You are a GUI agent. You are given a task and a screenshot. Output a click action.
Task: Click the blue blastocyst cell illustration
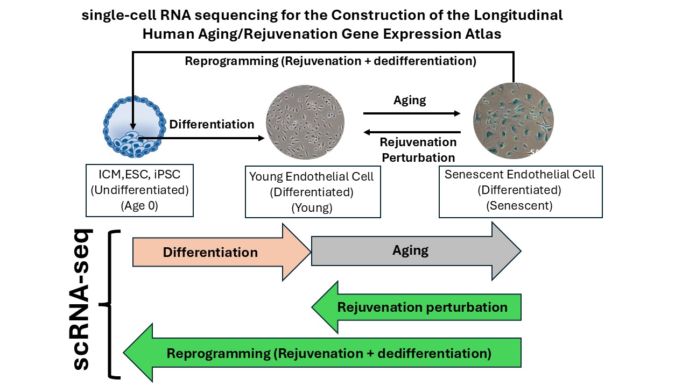tap(132, 127)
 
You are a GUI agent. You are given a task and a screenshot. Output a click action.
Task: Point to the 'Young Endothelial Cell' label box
tap(313, 192)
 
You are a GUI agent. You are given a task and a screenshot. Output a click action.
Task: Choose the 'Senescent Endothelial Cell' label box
tap(520, 191)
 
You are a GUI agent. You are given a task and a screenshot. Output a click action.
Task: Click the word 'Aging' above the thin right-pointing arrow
tap(410, 101)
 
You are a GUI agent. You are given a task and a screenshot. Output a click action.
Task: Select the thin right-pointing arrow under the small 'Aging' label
tap(412, 113)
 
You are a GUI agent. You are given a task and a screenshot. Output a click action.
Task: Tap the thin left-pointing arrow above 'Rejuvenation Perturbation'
tap(412, 132)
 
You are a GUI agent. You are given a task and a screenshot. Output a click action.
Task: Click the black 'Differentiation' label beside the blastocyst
tap(212, 125)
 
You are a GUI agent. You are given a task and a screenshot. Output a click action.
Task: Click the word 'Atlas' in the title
tap(481, 34)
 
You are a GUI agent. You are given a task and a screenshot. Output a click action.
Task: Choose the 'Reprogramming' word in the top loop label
tap(231, 61)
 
